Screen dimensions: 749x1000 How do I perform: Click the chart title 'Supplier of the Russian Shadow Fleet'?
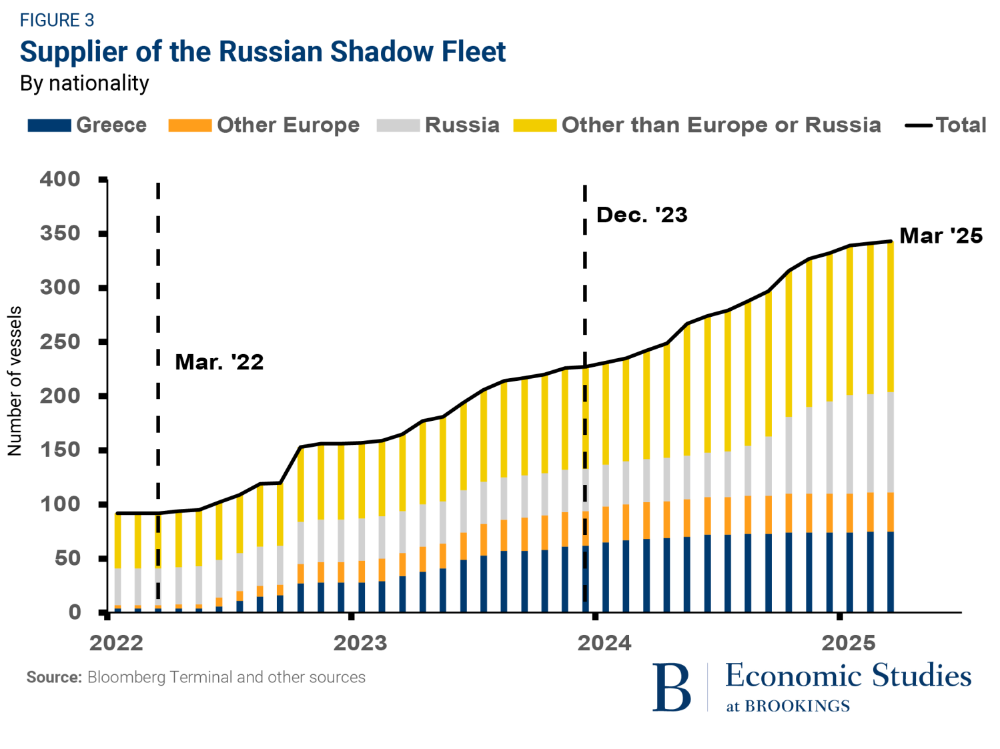[263, 52]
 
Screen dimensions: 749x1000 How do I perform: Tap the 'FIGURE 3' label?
[57, 21]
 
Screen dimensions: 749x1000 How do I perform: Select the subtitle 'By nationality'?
[85, 83]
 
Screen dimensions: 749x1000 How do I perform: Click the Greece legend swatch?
[49, 125]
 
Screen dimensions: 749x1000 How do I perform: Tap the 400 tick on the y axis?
[60, 179]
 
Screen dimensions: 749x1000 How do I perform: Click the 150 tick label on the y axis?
[60, 450]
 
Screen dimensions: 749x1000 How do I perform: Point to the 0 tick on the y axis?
[74, 612]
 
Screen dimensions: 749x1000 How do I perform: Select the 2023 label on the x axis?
[360, 643]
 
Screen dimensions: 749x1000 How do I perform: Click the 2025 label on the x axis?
[848, 643]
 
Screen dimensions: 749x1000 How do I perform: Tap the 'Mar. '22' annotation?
[219, 362]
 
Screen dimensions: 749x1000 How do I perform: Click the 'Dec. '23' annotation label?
[642, 215]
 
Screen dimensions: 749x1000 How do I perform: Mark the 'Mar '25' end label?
[941, 236]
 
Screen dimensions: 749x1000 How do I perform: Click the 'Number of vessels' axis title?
[15, 381]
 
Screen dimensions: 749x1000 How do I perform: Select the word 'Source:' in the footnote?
[54, 678]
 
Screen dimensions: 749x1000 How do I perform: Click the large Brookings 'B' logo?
[671, 688]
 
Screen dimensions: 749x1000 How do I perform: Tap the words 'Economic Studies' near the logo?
[848, 676]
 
